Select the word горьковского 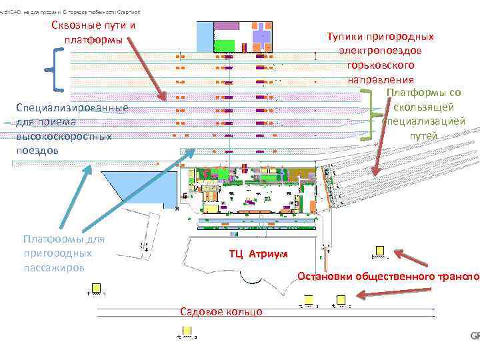click(380, 65)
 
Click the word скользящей click(423, 107)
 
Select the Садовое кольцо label click(221, 312)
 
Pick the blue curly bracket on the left click(55, 69)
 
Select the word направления click(379, 79)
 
